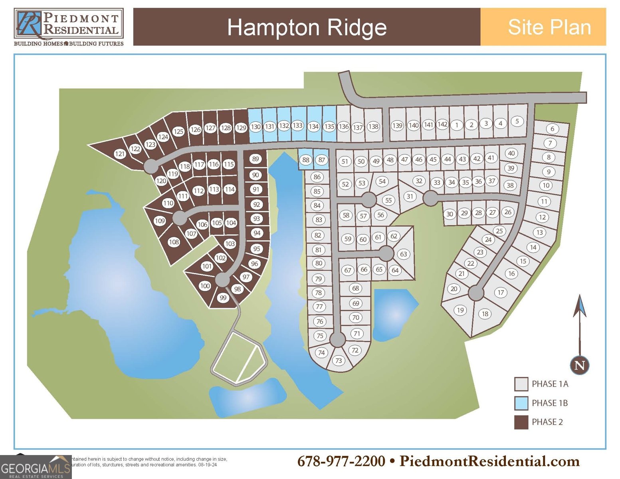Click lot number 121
(120, 154)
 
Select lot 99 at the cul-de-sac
(223, 298)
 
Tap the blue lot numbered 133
(297, 125)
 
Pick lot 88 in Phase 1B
(306, 160)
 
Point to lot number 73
(339, 361)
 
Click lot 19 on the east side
(460, 310)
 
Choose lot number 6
(553, 129)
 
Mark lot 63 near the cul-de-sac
(403, 254)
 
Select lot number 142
(442, 124)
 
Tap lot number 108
(174, 242)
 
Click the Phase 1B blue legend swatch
(521, 403)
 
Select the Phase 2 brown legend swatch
(521, 422)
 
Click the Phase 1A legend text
(550, 384)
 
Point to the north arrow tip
(580, 297)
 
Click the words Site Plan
(549, 27)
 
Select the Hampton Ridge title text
(307, 27)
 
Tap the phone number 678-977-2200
(341, 461)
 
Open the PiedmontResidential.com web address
(489, 461)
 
